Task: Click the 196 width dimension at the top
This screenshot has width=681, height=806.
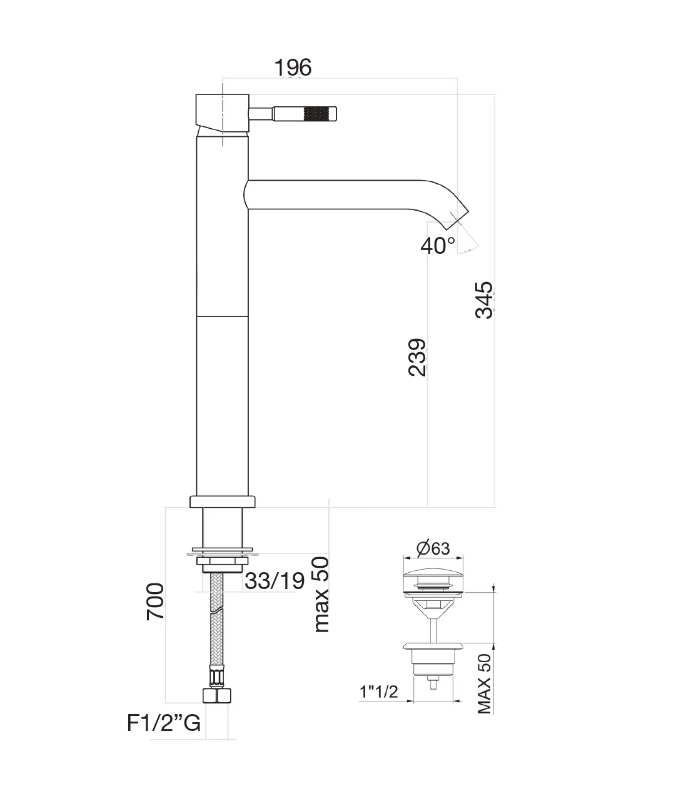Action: click(x=293, y=67)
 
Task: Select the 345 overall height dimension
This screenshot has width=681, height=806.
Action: click(x=485, y=300)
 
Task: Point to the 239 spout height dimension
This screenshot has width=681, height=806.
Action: click(x=417, y=357)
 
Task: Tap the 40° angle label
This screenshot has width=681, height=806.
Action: click(x=438, y=246)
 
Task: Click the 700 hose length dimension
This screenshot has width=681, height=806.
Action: click(x=155, y=601)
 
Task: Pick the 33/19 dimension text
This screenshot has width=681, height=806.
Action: click(x=275, y=581)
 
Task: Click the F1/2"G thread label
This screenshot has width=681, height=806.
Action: click(x=164, y=723)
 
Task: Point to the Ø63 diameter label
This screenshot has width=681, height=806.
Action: click(x=432, y=548)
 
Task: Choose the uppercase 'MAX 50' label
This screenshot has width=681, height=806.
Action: click(x=485, y=683)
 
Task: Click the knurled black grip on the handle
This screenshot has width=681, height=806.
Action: click(x=319, y=114)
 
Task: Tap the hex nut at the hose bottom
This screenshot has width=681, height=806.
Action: click(x=217, y=697)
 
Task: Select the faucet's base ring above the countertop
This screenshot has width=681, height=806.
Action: click(x=223, y=501)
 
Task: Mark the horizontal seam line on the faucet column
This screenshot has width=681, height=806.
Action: click(x=223, y=316)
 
